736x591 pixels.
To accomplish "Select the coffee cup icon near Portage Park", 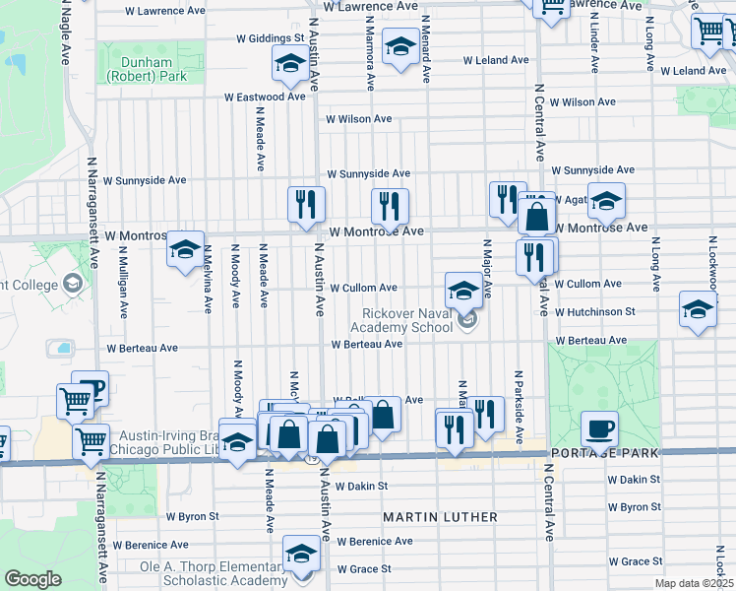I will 599,428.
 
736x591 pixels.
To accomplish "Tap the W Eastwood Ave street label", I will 265,98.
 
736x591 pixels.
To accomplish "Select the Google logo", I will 31,579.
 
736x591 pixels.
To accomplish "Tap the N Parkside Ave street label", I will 517,406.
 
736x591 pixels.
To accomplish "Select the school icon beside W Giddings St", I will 290,65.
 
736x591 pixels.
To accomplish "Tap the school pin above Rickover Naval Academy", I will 463,290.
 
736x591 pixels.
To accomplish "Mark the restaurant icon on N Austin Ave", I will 306,204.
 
